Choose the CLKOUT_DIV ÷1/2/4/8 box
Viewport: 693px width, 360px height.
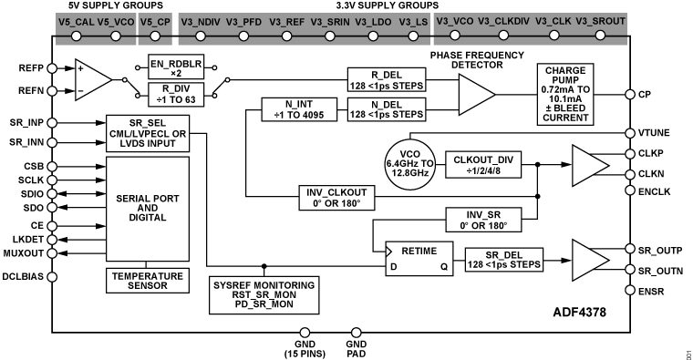(483, 164)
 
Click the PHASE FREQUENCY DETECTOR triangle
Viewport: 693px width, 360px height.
(475, 94)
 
